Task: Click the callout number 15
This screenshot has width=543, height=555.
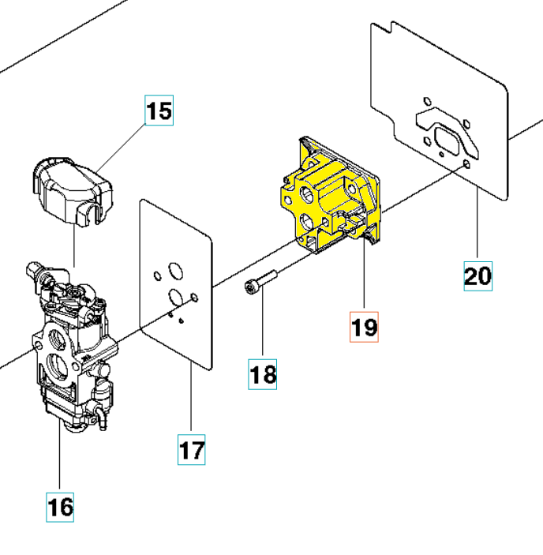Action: click(159, 110)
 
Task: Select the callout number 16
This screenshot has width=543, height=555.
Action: click(60, 505)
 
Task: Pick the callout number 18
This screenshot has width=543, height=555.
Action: click(263, 373)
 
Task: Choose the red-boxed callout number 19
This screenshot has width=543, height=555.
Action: click(364, 326)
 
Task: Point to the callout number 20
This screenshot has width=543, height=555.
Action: click(477, 276)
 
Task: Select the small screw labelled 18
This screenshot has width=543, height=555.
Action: click(261, 282)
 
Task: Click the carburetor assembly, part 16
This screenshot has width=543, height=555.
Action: click(71, 347)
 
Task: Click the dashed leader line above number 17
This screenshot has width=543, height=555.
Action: click(192, 403)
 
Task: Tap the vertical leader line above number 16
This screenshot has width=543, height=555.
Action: click(61, 458)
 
